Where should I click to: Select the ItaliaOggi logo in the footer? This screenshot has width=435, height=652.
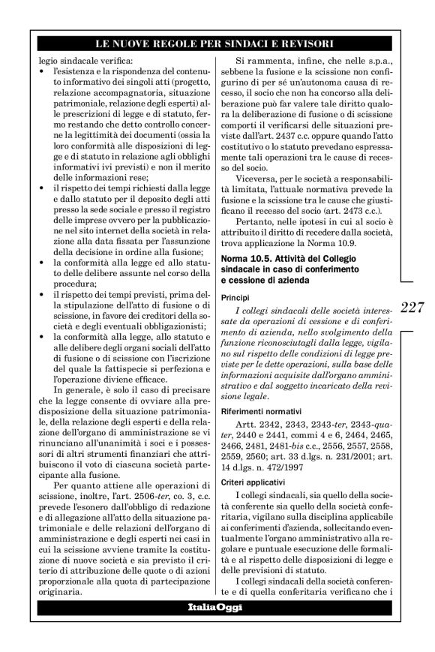217,607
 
